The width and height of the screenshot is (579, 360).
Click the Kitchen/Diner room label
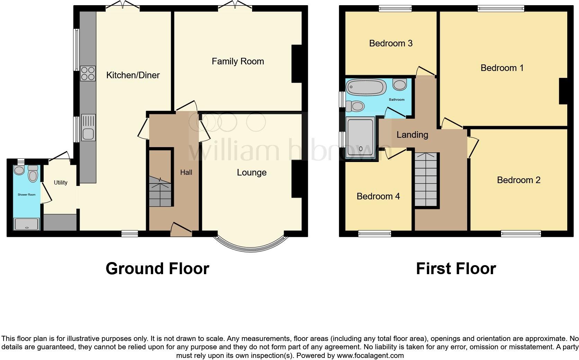coord(133,75)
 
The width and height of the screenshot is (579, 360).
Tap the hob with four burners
coord(88,73)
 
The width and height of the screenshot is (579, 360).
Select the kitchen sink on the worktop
coord(88,127)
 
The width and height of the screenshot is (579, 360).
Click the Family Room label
coord(238,62)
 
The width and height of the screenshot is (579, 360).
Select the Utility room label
coord(61,182)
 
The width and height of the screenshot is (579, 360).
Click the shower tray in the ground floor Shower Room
coord(27,224)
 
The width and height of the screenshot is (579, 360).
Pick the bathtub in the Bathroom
coord(366,87)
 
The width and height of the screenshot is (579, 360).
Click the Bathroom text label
coord(397,100)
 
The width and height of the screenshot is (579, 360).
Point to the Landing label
coord(412,135)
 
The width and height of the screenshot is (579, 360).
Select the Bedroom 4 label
coord(378,196)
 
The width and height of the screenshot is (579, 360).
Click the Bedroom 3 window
coord(395,8)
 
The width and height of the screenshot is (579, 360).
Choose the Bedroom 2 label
coord(518,180)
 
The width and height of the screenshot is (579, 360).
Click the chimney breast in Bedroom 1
coord(563,91)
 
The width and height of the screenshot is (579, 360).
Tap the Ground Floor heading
coord(157,269)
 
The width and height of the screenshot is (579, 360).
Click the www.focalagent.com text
coord(370,355)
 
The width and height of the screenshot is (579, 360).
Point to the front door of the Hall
coord(181,230)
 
